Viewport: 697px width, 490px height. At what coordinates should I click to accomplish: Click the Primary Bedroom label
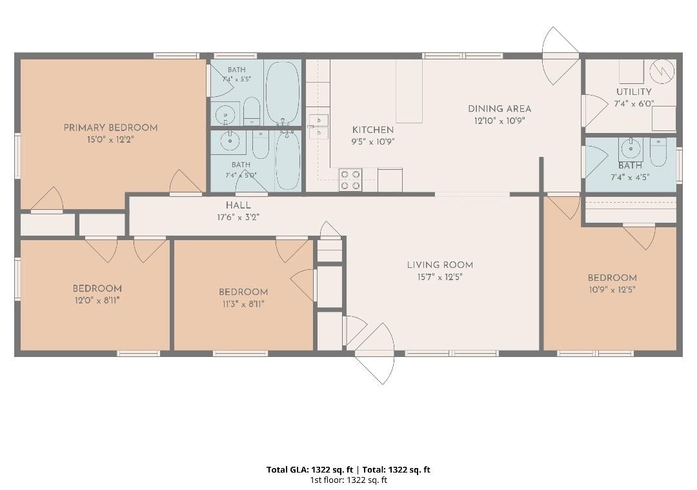click(x=110, y=128)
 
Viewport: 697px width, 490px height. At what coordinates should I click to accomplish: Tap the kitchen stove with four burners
click(x=350, y=180)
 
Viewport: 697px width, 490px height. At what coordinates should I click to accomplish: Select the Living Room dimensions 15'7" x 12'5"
click(x=439, y=277)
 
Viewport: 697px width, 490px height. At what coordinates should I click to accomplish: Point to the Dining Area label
click(x=499, y=109)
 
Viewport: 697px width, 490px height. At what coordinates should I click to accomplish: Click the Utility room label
click(x=634, y=92)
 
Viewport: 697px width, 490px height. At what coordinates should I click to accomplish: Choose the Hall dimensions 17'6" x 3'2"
click(x=238, y=218)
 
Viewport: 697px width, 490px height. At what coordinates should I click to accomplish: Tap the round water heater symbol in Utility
click(x=662, y=71)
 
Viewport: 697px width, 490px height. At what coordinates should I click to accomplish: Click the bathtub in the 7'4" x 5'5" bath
click(x=282, y=93)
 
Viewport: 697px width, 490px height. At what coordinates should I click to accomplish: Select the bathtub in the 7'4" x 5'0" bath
click(x=288, y=160)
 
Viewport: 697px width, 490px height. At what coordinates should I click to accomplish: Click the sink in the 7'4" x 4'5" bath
click(x=631, y=149)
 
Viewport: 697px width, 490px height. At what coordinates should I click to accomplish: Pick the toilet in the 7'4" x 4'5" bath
click(x=658, y=152)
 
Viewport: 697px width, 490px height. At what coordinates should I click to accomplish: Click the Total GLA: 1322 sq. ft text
click(x=309, y=469)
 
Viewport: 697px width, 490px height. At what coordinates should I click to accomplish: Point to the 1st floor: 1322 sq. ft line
click(x=348, y=480)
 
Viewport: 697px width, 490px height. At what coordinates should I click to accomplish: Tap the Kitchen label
click(x=373, y=130)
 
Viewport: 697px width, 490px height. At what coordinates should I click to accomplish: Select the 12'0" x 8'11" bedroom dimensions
click(x=97, y=301)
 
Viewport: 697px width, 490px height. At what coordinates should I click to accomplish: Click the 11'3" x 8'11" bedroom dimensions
click(x=243, y=304)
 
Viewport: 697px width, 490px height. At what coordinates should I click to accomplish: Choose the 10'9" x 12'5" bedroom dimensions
click(x=612, y=290)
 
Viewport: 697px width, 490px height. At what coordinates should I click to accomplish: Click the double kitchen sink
click(x=319, y=127)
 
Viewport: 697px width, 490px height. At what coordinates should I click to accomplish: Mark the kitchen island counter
click(x=409, y=91)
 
